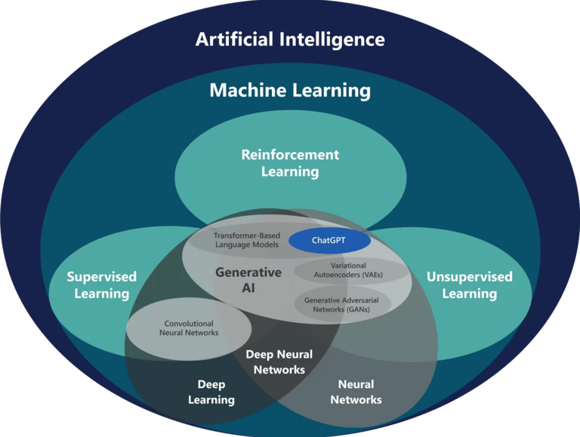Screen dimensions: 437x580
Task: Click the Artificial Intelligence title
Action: (290, 39)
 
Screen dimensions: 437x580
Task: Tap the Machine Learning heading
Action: (290, 91)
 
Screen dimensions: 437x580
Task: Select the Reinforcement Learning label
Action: (290, 163)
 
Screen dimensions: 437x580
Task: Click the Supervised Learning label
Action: (101, 285)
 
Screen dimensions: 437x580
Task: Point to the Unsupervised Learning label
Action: (469, 285)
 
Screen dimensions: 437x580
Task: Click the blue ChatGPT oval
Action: (329, 241)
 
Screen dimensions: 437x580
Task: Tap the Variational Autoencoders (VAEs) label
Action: (348, 270)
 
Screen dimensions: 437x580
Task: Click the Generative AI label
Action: (248, 281)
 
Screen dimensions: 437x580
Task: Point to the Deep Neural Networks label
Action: (279, 362)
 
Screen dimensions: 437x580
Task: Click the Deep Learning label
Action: (211, 392)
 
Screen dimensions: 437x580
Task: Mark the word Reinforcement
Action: (290, 155)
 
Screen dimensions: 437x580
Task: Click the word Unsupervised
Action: (469, 276)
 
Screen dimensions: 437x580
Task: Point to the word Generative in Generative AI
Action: (248, 272)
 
